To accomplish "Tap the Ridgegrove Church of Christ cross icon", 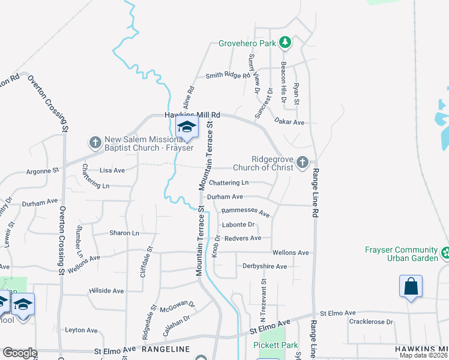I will coord(303,162).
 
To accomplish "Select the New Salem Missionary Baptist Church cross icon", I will coord(95,142).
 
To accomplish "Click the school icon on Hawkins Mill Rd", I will coord(187,127).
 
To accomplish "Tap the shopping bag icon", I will coord(411,287).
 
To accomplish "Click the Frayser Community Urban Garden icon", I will coord(445,253).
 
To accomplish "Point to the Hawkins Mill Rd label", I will coord(193,115).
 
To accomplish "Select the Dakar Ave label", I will coord(289,122).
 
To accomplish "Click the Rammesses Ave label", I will coord(246,211).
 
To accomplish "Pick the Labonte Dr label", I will coord(238,224).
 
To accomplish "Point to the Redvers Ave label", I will coord(243,238).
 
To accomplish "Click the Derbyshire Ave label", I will coord(265,266).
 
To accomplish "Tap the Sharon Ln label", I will coord(124,233).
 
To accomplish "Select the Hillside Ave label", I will coord(106,290).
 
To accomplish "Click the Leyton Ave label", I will coord(81,330).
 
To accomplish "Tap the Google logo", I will coord(20,353).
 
